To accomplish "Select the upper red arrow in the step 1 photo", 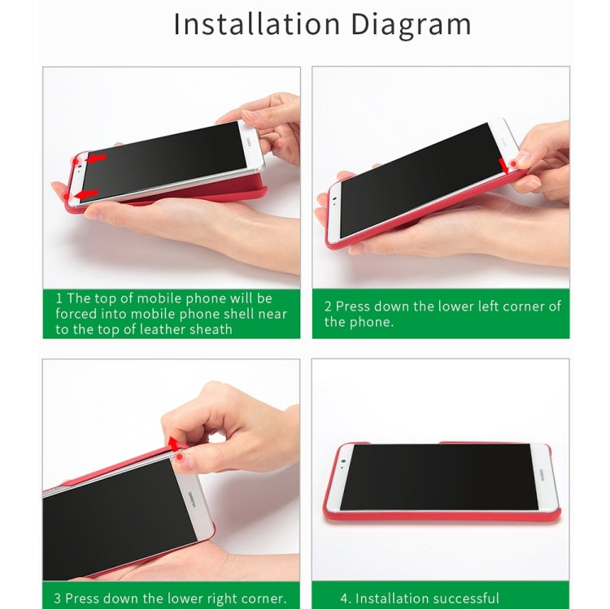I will [x=96, y=158].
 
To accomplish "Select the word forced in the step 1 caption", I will [x=76, y=314].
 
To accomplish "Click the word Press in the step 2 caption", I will [x=354, y=307].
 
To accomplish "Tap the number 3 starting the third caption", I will [x=58, y=598].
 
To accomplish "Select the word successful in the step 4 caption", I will [x=459, y=598].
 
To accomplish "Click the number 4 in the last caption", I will [x=345, y=598].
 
